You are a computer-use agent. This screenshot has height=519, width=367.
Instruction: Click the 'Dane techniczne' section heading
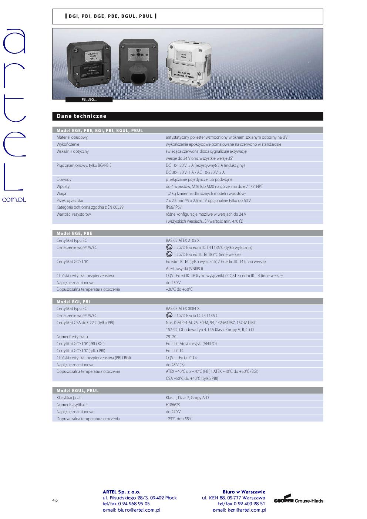pos(81,116)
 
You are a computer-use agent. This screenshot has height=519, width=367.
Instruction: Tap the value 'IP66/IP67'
pos(174,207)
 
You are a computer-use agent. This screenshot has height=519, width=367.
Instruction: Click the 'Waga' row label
pos(61,193)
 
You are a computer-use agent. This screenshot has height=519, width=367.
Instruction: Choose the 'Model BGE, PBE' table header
pos(74,233)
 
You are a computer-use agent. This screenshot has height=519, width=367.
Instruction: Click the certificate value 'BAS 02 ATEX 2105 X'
pos(183,240)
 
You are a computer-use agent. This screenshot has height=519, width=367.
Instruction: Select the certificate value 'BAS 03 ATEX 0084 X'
pos(183,309)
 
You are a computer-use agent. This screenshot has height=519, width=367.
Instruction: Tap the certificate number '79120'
pos(171,337)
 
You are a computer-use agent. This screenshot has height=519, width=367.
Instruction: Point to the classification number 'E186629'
pos(173,405)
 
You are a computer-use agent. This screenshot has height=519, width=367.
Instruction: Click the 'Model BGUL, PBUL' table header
pos(78,391)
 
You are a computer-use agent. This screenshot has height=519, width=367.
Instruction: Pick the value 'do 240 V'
pos(173,412)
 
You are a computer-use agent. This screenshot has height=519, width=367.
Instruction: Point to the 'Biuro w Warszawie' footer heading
pos(244,492)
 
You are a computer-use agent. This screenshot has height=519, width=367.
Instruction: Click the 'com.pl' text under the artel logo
pos(14,199)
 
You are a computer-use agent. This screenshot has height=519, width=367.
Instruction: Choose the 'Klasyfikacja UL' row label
pos(69,398)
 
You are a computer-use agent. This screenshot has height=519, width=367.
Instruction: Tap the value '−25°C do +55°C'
pos(179,419)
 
